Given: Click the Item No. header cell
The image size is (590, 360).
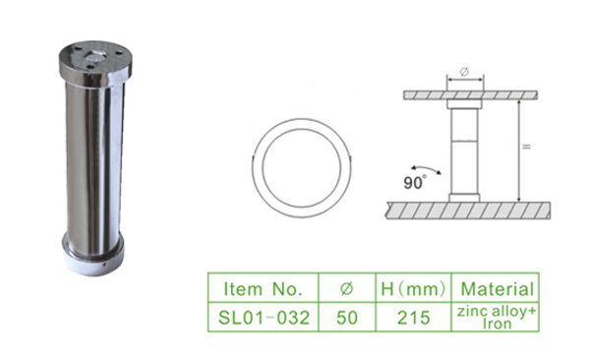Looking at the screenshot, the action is [x=263, y=288].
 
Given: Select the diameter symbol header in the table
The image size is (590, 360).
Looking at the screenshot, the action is [x=347, y=288].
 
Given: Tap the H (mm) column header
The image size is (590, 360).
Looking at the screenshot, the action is [x=413, y=288].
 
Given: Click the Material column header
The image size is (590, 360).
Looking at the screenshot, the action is [x=496, y=288].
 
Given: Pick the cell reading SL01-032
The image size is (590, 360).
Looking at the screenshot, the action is [x=263, y=317].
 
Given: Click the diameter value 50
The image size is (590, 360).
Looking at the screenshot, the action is [x=347, y=317].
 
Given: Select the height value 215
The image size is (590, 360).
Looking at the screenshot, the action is [x=413, y=317].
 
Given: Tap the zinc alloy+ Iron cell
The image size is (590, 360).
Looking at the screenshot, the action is [x=496, y=317].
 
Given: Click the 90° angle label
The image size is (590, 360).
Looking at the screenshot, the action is [x=415, y=182].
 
